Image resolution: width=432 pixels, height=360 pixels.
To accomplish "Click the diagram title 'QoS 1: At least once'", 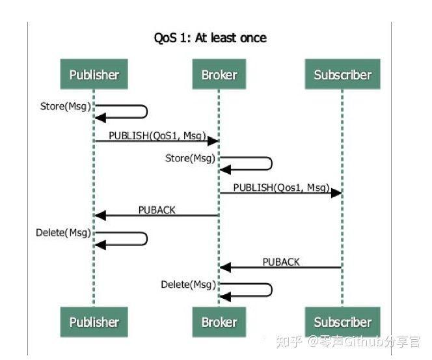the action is [210, 38].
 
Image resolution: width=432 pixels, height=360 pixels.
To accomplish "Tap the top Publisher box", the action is [94, 74].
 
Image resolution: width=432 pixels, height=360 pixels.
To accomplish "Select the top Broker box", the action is [219, 74].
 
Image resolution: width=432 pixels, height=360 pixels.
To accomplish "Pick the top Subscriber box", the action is [342, 74].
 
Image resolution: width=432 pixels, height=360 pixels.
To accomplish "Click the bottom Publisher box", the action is [94, 322].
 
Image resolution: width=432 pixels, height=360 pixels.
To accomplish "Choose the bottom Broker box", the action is [219, 322].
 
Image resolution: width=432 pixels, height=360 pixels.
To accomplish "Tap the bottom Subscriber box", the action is [342, 322].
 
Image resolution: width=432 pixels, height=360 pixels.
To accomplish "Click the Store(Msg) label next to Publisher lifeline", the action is [66, 106].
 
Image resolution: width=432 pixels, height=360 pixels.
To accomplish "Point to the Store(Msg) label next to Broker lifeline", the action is [190, 158].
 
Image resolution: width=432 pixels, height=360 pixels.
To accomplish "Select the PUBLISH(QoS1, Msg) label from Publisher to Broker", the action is [157, 135].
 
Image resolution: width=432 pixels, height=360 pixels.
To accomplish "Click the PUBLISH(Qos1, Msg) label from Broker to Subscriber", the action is [281, 187].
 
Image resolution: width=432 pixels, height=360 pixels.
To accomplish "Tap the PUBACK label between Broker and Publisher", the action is [157, 210].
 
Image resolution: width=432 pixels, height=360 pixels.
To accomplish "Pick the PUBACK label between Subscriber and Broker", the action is [281, 262].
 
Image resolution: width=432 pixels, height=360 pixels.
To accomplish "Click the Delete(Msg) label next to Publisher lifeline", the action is [63, 232].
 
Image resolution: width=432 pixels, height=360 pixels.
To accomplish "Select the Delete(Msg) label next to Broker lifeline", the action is [188, 284].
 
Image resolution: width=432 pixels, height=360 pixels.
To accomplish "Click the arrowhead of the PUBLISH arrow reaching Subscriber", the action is [336, 193].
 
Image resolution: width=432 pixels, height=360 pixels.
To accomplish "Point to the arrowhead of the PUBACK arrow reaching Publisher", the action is [100, 215].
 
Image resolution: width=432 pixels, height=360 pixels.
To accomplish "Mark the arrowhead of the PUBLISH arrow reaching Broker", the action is [213, 141].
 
